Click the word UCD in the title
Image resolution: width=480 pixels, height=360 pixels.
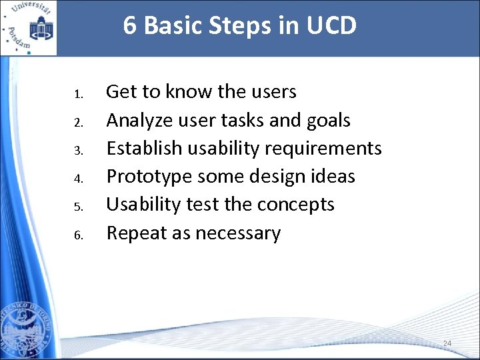point(332,26)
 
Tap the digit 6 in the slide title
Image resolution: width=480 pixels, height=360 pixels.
point(130,26)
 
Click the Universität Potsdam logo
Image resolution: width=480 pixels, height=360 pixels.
point(29,28)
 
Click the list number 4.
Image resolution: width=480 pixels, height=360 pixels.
point(78,179)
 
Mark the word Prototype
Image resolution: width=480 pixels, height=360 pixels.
point(146,177)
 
